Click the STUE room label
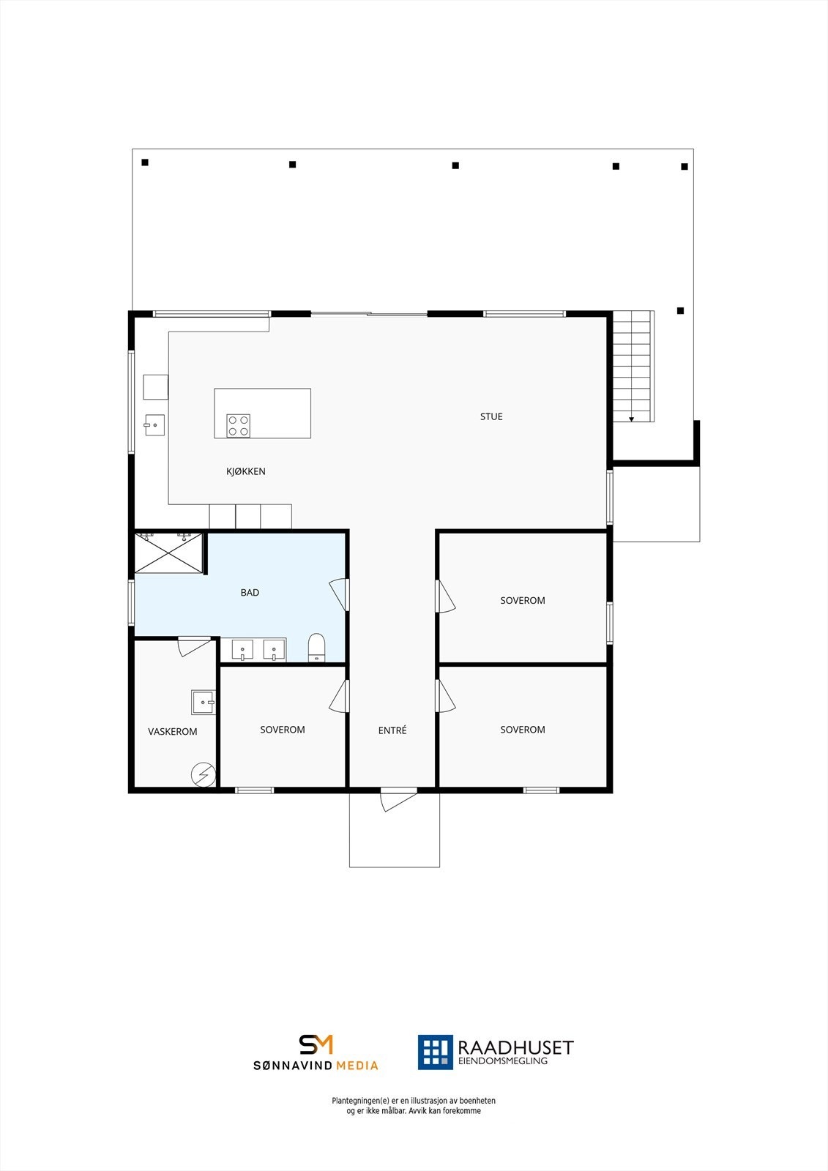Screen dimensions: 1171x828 pyautogui.click(x=491, y=416)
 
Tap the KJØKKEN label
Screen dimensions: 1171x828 pyautogui.click(x=246, y=471)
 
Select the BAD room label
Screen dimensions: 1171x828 pyautogui.click(x=250, y=593)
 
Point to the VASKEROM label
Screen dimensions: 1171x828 pyautogui.click(x=173, y=731)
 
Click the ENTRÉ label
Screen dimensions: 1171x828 pyautogui.click(x=392, y=730)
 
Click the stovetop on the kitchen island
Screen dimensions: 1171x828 pyautogui.click(x=238, y=426)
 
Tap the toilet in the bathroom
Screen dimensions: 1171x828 pyautogui.click(x=316, y=647)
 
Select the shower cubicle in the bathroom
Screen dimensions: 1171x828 pyautogui.click(x=168, y=553)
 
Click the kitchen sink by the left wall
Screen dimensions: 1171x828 pyautogui.click(x=154, y=425)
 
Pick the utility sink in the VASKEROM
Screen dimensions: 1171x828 pyautogui.click(x=203, y=702)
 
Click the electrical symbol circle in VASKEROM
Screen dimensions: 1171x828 pyautogui.click(x=204, y=774)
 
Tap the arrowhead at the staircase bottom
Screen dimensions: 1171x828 pyautogui.click(x=631, y=419)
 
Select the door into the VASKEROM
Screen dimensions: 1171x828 pyautogui.click(x=194, y=646)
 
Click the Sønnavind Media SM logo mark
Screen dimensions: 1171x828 pyautogui.click(x=316, y=1044)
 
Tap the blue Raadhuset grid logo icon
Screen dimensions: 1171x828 pyautogui.click(x=435, y=1052)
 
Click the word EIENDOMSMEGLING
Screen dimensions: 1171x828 pyautogui.click(x=502, y=1061)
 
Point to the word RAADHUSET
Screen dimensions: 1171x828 pyautogui.click(x=515, y=1047)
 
